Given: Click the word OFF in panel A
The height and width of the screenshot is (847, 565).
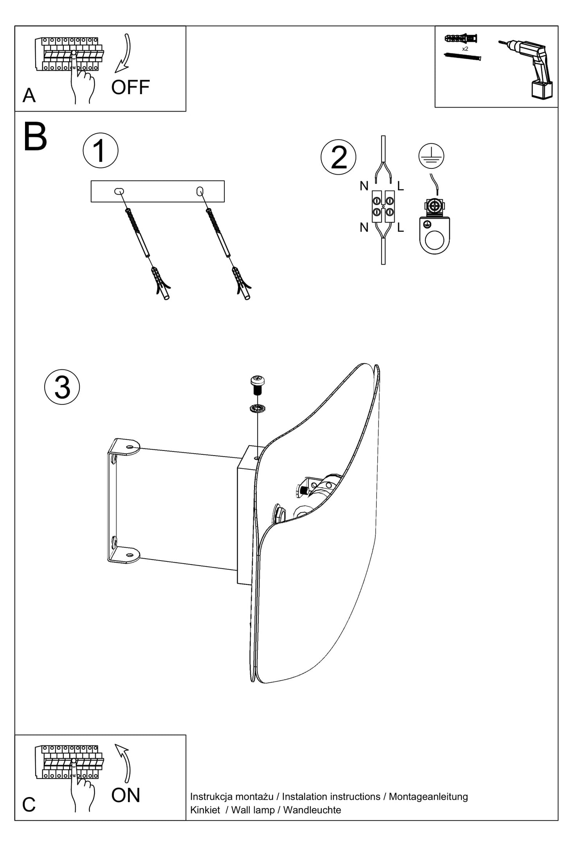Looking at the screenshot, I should click(x=130, y=87).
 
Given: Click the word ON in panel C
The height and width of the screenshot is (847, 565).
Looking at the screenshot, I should click(x=126, y=795).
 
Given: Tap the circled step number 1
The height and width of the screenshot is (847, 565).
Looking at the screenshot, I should click(x=100, y=151).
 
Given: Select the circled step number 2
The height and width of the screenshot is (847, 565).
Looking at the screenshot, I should click(x=338, y=157).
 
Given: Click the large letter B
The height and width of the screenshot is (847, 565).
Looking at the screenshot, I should click(x=35, y=137).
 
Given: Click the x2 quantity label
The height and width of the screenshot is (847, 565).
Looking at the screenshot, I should click(x=465, y=49).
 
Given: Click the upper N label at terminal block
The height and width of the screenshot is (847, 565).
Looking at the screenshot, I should click(x=364, y=186).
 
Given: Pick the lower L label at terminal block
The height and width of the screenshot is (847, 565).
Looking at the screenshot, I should click(x=400, y=227).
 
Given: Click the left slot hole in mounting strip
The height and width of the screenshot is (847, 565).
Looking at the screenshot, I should click(x=119, y=191).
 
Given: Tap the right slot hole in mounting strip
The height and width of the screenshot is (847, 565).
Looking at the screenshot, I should click(x=200, y=191).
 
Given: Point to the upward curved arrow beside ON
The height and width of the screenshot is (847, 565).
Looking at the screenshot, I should click(x=124, y=762).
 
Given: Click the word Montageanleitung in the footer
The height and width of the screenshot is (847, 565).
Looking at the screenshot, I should click(x=428, y=796).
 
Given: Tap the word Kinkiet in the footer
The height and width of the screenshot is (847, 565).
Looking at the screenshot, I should click(x=205, y=809).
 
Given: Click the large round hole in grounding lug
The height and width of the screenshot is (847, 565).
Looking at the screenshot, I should click(x=434, y=240).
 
